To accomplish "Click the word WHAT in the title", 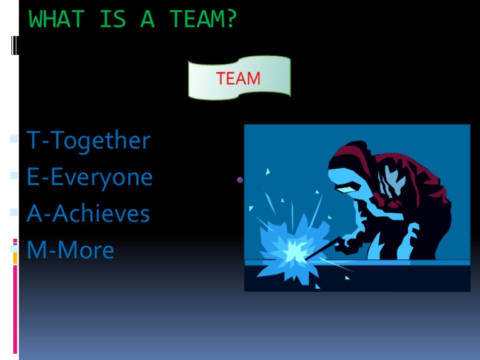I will click(56, 20).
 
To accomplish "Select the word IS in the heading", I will click(112, 20).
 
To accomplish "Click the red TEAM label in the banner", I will click(238, 79).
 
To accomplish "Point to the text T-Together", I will click(88, 141).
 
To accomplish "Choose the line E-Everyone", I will click(89, 177).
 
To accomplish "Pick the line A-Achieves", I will click(88, 214).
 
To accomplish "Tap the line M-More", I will click(70, 251).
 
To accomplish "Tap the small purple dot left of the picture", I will click(240, 180).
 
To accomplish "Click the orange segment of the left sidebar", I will click(15, 258).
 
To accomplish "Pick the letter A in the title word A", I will click(147, 20).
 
